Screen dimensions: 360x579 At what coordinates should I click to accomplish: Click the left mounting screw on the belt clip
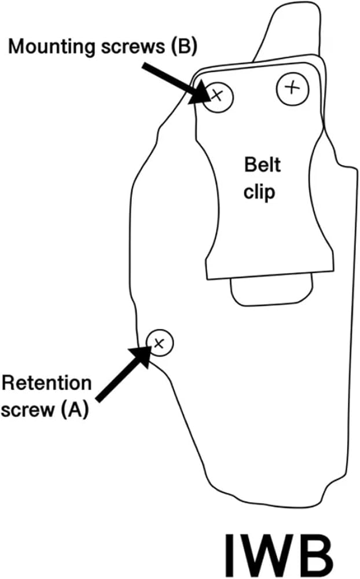(219, 96)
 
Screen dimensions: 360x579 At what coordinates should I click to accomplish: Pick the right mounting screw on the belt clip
(292, 88)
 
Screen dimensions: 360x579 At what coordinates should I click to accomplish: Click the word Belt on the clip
(262, 164)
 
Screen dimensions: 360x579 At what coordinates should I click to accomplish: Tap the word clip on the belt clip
(259, 192)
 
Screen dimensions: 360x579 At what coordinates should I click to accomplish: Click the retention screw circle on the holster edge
(160, 343)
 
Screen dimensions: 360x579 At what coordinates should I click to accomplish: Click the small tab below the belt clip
(272, 290)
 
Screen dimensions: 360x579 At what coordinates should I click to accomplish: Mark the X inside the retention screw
(159, 343)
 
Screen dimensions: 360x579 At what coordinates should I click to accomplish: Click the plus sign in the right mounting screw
(292, 88)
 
